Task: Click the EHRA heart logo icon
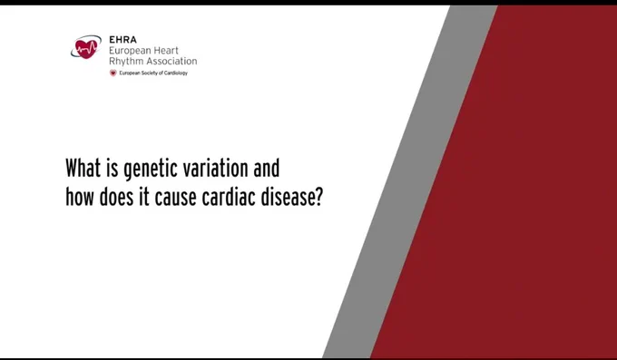click(86, 46)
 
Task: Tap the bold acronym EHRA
click(122, 40)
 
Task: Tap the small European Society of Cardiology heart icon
click(113, 73)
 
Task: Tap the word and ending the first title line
click(267, 168)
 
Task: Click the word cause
click(175, 198)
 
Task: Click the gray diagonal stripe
click(409, 181)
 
